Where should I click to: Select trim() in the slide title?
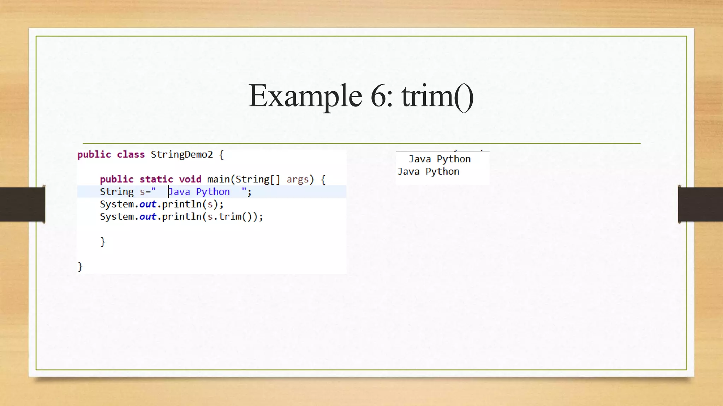pyautogui.click(x=437, y=96)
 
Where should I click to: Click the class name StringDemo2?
pyautogui.click(x=182, y=155)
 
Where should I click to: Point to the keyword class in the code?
pyautogui.click(x=131, y=155)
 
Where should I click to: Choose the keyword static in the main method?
pyautogui.click(x=156, y=179)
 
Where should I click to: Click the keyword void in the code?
pyautogui.click(x=190, y=179)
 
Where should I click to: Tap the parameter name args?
pyautogui.click(x=298, y=179)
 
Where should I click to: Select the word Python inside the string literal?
pyautogui.click(x=213, y=192)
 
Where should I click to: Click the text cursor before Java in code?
pyautogui.click(x=168, y=192)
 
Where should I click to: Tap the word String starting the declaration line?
pyautogui.click(x=117, y=192)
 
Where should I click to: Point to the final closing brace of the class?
pyautogui.click(x=80, y=266)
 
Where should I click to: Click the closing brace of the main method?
pyautogui.click(x=103, y=242)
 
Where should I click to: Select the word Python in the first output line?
pyautogui.click(x=454, y=159)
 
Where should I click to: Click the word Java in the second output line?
pyautogui.click(x=408, y=172)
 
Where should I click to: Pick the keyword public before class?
pyautogui.click(x=94, y=155)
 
